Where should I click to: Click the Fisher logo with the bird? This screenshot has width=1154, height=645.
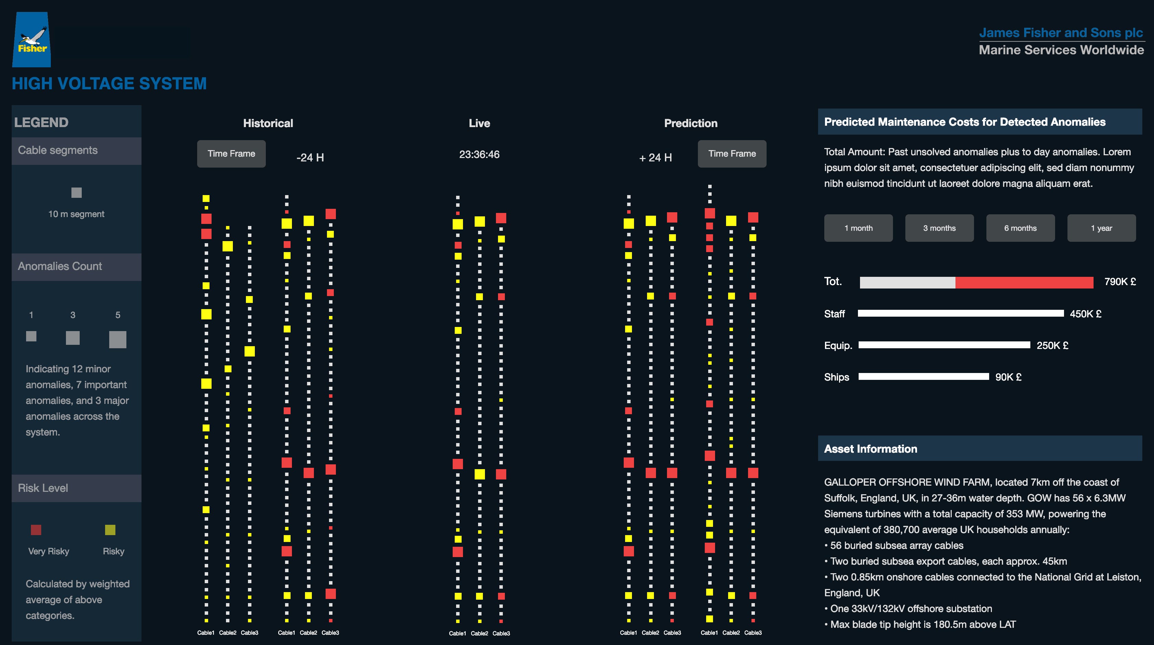[x=31, y=39]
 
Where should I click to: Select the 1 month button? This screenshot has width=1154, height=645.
[x=858, y=228]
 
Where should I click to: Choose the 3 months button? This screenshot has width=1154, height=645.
[x=939, y=228]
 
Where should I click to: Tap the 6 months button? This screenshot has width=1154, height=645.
[x=1020, y=228]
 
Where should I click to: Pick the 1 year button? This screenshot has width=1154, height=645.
[x=1101, y=228]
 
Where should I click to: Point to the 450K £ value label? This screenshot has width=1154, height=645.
[x=1085, y=314]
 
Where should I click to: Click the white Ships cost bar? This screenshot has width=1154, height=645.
[x=923, y=377]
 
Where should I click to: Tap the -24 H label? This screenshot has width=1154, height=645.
[x=310, y=158]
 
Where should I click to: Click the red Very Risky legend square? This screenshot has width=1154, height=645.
[x=36, y=530]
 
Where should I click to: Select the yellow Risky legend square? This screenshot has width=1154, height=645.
[x=110, y=530]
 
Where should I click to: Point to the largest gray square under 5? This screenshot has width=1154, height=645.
[x=118, y=340]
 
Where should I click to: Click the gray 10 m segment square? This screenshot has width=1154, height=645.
[x=77, y=193]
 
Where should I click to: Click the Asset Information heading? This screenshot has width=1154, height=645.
[x=870, y=449]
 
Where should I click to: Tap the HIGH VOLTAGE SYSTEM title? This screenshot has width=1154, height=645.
[x=109, y=84]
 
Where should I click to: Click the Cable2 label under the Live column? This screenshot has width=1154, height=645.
[x=479, y=633]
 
